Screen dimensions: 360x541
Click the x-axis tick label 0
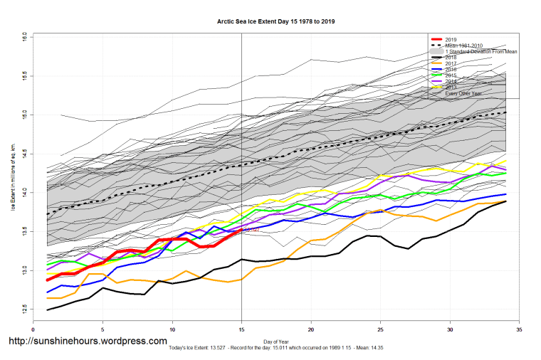pyautogui.click(x=33, y=329)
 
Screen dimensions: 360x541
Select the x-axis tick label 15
pyautogui.click(x=242, y=329)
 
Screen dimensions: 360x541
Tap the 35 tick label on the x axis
pyautogui.click(x=520, y=329)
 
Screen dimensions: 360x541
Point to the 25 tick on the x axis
pyautogui.click(x=381, y=329)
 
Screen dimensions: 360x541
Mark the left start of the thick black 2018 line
pyautogui.click(x=48, y=310)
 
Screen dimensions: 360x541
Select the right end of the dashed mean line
pyautogui.click(x=505, y=112)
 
